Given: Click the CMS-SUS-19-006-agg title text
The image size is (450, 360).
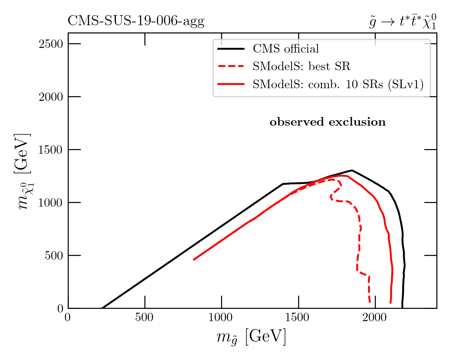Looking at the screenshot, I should coord(136,22).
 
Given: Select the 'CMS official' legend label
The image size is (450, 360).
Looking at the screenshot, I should coord(286,49).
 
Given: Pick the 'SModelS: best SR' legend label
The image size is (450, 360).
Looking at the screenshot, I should coord(301,66).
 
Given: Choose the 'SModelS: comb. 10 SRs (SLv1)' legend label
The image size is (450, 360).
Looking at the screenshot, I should coord(338,84).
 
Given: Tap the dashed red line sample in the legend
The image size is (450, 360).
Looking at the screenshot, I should coord(231,66).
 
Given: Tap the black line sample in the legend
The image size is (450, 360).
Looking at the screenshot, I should coord(231,49).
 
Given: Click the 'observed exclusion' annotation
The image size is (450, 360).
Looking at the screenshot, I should coord(328,122).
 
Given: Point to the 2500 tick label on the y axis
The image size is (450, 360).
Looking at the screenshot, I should coord(50,44).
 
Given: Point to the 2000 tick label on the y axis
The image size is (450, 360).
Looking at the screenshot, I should coord(50,97).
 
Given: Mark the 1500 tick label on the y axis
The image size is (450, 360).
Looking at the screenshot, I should coord(50,150).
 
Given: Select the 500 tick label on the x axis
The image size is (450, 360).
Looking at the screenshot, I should coord(145,318).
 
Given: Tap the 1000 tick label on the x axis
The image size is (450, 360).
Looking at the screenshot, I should coord(221,318).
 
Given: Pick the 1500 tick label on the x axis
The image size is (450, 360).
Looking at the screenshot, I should coord(298,318).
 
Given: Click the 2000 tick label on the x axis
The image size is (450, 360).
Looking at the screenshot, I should coord(375,318).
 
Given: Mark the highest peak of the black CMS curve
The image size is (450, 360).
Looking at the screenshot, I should coord(352,170).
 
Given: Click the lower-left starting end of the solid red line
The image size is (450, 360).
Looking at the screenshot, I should coord(194,260).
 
